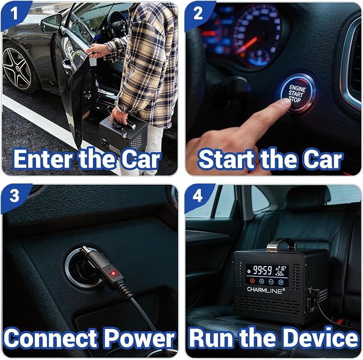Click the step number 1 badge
(14, 13)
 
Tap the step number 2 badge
(198, 13)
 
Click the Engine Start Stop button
(297, 93)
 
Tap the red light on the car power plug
(113, 273)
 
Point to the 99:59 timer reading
(262, 270)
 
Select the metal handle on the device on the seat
(281, 245)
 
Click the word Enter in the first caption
(43, 159)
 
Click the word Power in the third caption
(139, 338)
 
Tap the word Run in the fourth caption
(211, 338)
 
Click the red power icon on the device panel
(252, 281)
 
